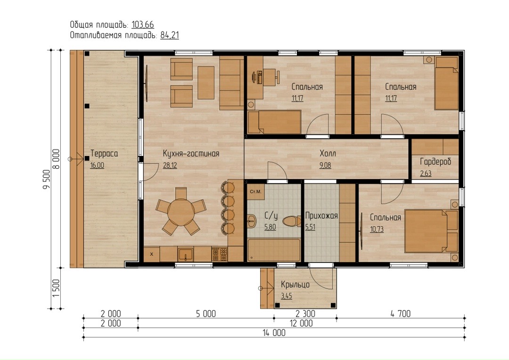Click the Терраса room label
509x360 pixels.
(x=104, y=154)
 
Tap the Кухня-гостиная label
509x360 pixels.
(x=191, y=154)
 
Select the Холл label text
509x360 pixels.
(x=328, y=154)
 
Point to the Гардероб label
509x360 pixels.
(x=435, y=162)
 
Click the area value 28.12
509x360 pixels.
(x=170, y=165)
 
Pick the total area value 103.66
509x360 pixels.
(x=142, y=25)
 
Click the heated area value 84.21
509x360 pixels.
(x=170, y=35)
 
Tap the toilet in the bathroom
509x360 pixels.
(x=292, y=222)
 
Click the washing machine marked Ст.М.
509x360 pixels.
(x=256, y=191)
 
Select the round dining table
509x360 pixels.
(x=181, y=212)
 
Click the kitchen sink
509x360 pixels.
(x=185, y=254)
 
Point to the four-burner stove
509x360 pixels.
(x=220, y=254)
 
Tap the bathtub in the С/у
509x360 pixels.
(x=274, y=250)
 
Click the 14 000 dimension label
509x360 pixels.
(x=274, y=333)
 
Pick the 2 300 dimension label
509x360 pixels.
(x=305, y=313)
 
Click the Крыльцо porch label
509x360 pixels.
(x=295, y=285)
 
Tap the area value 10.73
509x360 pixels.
(x=377, y=229)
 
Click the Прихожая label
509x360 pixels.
(x=321, y=216)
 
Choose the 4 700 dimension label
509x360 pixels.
(x=401, y=313)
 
